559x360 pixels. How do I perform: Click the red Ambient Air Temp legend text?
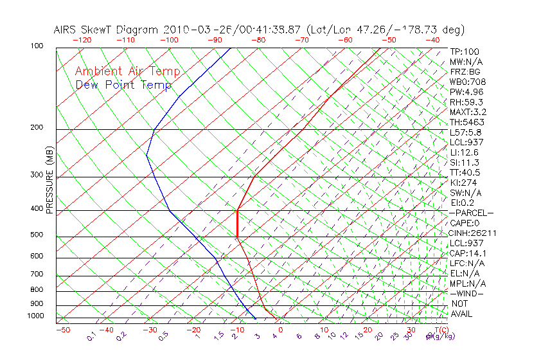coord(127,71)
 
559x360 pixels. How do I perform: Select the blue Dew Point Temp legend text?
coord(123,85)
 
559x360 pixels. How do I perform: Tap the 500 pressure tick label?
coord(37,235)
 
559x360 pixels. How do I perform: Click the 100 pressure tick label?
coord(37,46)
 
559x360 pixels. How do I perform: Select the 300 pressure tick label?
coord(37,175)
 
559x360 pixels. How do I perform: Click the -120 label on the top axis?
coord(82,40)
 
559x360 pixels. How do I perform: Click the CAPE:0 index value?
coord(465,223)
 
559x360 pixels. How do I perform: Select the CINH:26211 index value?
coord(473,233)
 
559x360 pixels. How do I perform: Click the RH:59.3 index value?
coord(466,102)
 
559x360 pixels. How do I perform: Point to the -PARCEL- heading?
coord(472,213)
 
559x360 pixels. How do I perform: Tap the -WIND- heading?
coord(466,294)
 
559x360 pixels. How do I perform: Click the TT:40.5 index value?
coord(466,173)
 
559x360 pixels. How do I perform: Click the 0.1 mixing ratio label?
coord(91,336)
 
